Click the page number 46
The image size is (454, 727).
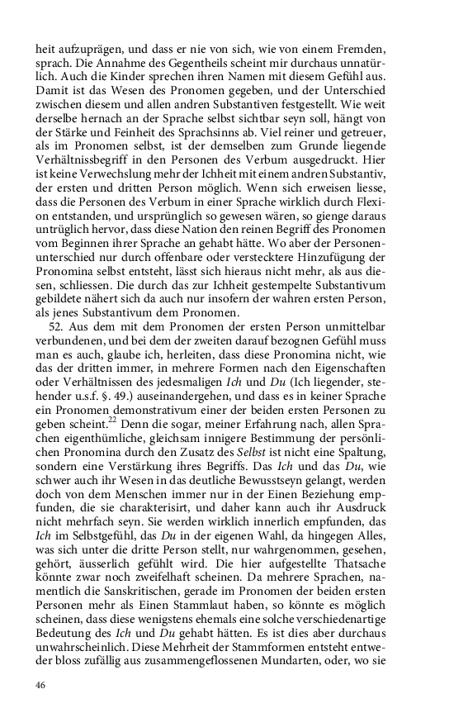pyautogui.click(x=40, y=686)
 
